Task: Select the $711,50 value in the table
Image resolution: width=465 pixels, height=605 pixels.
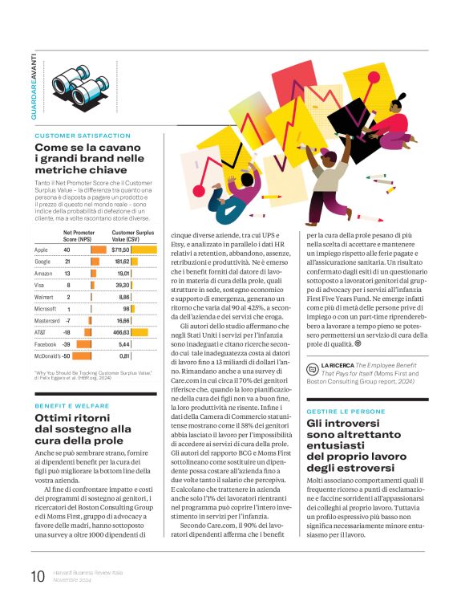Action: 121,250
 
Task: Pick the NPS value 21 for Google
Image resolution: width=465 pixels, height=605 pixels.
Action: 68,262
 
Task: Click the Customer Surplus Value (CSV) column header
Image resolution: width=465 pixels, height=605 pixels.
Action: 132,235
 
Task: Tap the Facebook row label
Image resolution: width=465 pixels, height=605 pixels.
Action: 46,343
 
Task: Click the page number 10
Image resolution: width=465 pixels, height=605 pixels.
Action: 38,577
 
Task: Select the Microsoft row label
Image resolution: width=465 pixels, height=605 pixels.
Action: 48,308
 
